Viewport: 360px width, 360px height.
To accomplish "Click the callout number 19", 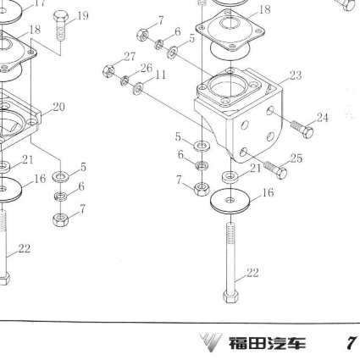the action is point(83,16).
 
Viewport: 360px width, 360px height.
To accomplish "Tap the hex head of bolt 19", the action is point(60,17).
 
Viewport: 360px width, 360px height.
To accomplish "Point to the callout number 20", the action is point(58,107).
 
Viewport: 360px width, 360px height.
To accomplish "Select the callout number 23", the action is point(296,75).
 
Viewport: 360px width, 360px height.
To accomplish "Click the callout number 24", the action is point(323,118).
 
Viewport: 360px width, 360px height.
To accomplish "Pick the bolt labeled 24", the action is point(302,129).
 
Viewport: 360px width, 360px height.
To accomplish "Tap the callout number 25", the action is point(296,158).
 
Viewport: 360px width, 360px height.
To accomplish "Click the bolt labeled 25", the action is point(276,169).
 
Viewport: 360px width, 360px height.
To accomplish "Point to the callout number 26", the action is point(147,68).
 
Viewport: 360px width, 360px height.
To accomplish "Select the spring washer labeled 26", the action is point(125,80).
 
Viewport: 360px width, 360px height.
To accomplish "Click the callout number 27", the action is point(130,57).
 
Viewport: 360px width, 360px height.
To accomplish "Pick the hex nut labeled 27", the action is point(108,71).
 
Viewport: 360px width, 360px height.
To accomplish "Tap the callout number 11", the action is point(160,75).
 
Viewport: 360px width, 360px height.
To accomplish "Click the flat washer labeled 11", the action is point(138,89).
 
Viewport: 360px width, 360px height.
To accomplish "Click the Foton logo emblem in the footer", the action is point(211,342).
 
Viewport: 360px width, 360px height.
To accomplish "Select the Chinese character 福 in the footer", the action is point(236,343).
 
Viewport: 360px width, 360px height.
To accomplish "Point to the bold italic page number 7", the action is point(351,343).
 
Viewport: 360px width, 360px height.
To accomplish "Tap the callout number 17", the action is point(40,3).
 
